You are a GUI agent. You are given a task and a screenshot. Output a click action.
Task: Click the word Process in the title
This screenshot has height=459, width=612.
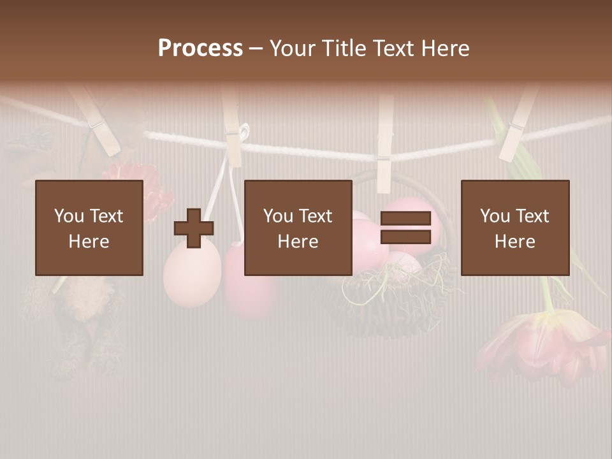click(x=200, y=48)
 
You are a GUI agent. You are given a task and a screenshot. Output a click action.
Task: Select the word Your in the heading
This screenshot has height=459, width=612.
click(x=293, y=48)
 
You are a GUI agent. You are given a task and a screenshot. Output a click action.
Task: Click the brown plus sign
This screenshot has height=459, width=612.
click(x=194, y=228)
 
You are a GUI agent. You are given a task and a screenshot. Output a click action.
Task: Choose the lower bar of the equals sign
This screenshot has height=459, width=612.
click(x=405, y=237)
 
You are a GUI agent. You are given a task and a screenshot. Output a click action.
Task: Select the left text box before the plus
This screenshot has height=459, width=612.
click(x=89, y=228)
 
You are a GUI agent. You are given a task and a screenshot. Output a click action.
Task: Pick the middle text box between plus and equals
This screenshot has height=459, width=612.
click(x=298, y=228)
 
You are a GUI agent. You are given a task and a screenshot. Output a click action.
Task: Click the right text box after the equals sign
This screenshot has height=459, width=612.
click(x=515, y=228)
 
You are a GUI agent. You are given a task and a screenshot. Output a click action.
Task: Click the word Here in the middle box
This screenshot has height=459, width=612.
click(x=298, y=241)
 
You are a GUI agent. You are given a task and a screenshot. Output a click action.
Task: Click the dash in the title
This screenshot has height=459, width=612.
click(x=256, y=48)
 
